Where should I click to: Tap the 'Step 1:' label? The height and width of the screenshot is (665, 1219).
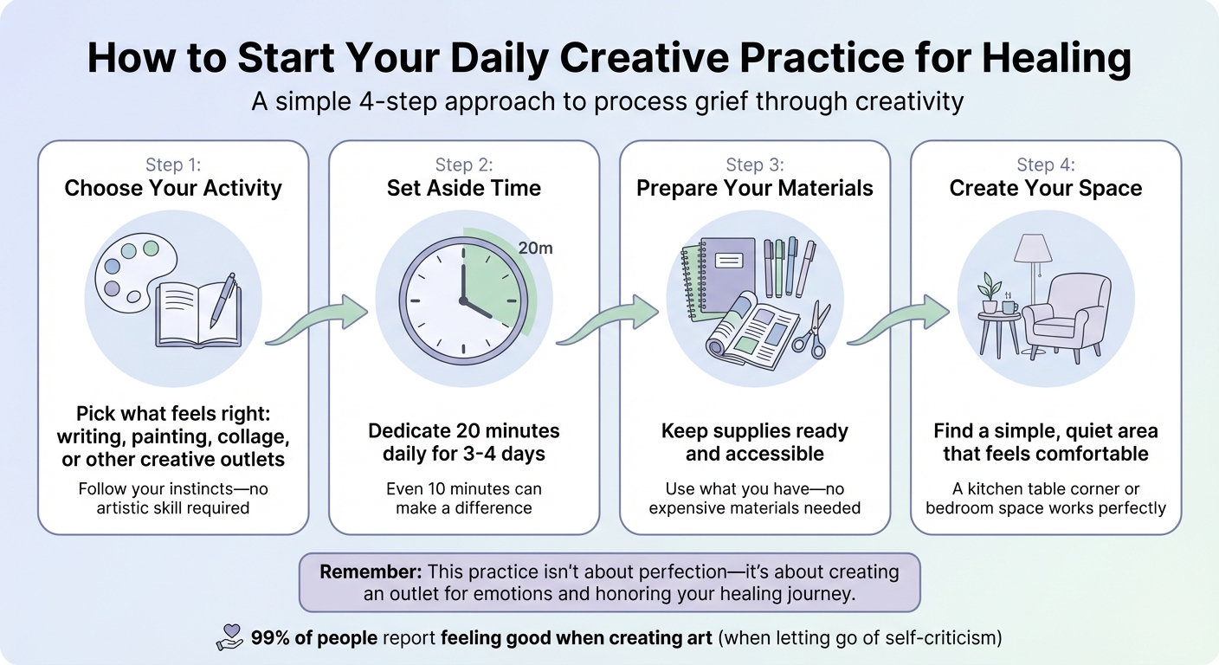point(173,165)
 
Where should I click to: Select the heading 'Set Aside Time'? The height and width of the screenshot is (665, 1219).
point(463,189)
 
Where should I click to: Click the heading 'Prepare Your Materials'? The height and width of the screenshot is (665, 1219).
point(755,189)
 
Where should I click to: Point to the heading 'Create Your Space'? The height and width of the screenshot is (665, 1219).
point(1046,189)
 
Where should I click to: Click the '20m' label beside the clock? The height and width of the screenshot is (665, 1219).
point(535,249)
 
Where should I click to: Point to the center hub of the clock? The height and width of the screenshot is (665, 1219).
point(463,300)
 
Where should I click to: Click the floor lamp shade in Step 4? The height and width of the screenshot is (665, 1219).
point(1032,249)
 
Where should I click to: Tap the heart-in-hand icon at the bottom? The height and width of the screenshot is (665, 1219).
point(229,637)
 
